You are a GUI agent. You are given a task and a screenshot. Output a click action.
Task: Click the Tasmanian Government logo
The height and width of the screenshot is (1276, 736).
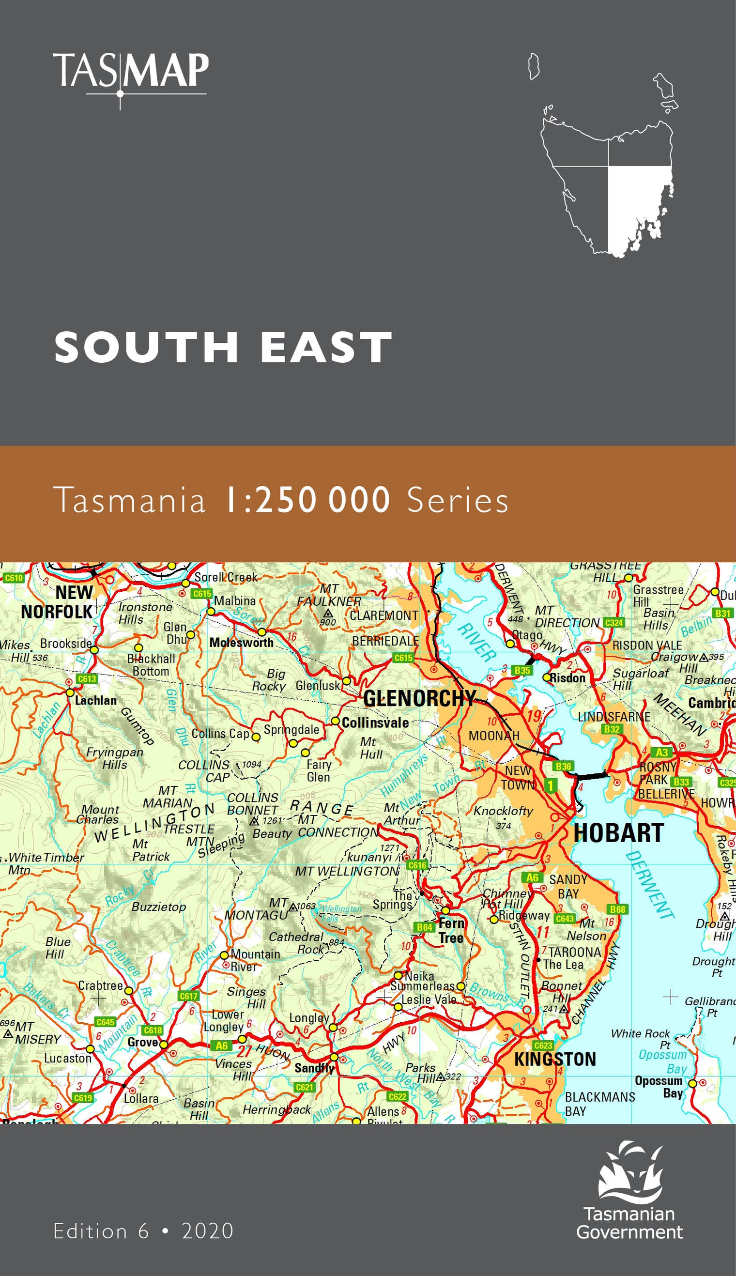click(630, 1193)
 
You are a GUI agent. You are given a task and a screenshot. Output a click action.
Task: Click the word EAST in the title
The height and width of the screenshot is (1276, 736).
click(326, 347)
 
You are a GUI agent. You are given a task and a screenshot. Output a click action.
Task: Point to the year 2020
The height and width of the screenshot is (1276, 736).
click(207, 1231)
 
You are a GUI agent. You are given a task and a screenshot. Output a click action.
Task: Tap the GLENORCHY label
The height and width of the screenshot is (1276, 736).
click(419, 699)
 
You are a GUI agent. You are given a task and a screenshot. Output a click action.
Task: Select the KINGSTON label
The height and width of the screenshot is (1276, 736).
click(555, 1059)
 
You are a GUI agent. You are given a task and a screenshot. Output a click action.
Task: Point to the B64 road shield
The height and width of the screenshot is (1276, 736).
click(424, 927)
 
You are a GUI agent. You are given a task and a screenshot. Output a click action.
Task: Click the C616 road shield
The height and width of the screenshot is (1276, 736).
click(417, 865)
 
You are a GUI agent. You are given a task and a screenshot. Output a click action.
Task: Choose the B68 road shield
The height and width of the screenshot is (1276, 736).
click(617, 909)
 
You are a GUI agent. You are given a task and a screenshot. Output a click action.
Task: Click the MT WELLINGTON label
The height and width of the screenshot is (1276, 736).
click(347, 871)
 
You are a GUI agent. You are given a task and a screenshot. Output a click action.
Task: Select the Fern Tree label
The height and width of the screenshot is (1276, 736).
click(451, 930)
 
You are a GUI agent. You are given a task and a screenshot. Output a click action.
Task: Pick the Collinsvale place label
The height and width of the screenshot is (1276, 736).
click(375, 723)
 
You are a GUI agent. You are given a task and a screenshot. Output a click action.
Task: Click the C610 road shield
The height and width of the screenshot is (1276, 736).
click(14, 578)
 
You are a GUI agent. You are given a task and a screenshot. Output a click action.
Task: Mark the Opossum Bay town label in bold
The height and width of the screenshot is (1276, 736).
click(658, 1087)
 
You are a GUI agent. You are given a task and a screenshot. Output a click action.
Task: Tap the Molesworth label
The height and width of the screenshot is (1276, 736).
click(241, 643)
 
